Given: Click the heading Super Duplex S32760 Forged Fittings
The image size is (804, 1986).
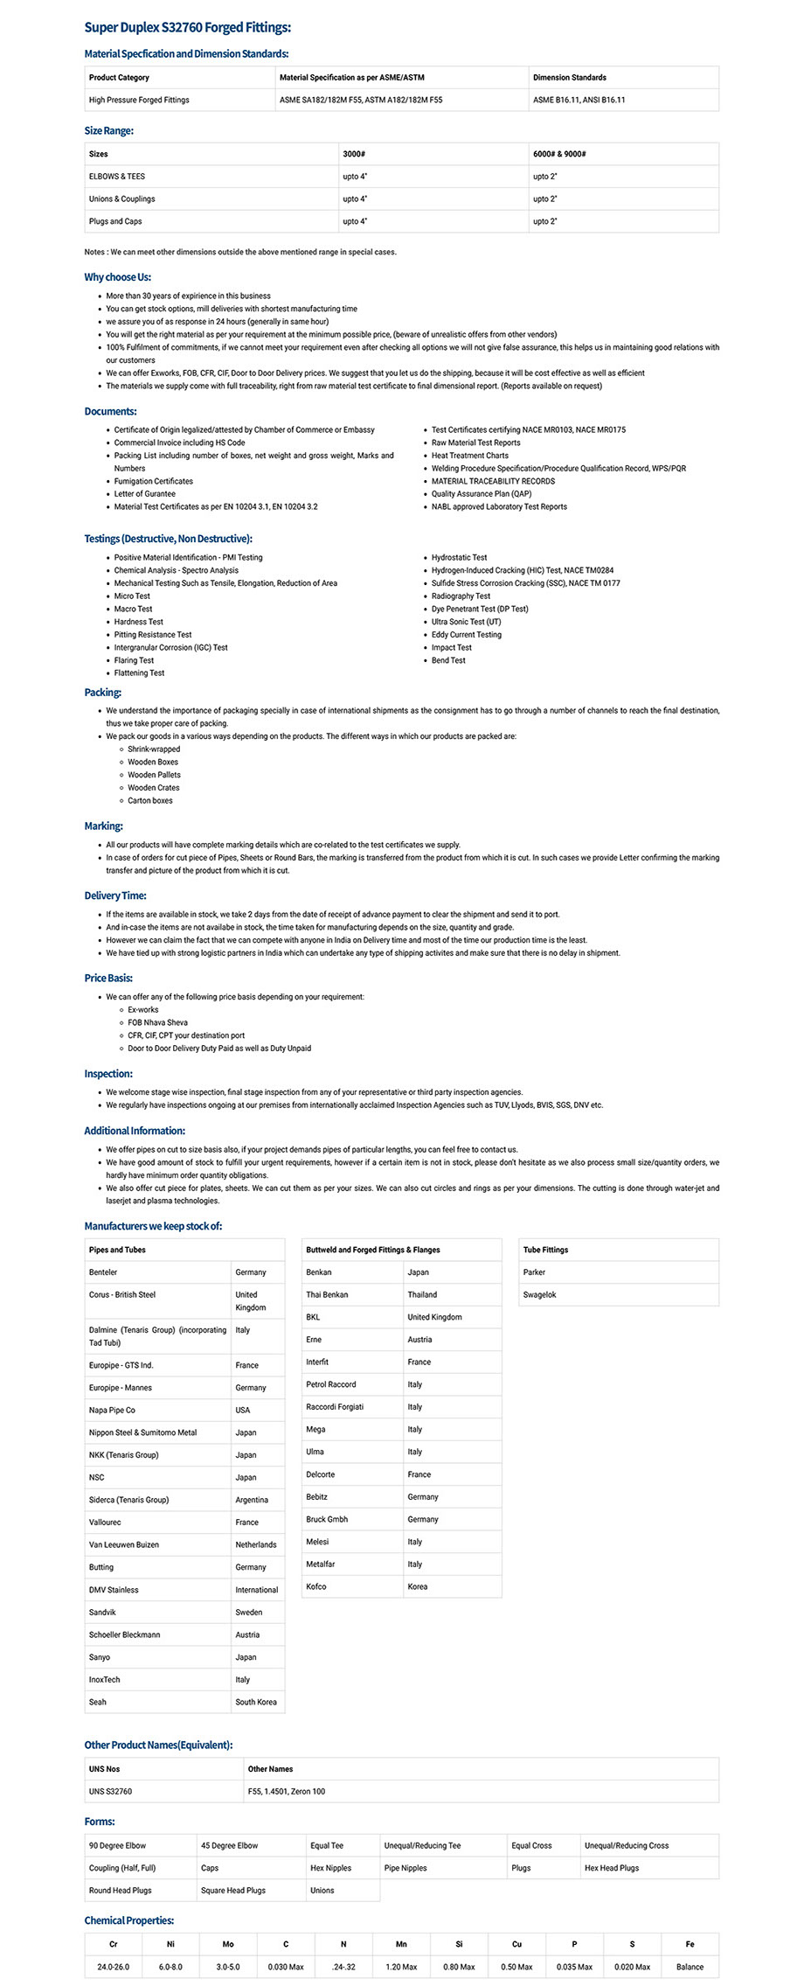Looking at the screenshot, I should [187, 28].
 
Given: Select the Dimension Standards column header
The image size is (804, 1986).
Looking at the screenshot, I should [569, 78].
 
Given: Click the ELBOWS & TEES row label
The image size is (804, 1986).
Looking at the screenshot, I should [117, 177].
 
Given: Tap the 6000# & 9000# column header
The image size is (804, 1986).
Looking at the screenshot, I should [559, 154].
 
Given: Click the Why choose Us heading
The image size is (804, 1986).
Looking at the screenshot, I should [117, 277].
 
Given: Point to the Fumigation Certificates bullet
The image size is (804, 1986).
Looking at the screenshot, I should [154, 481].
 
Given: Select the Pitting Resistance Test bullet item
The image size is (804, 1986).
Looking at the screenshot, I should [153, 635].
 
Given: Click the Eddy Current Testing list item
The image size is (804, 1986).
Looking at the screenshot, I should [466, 635].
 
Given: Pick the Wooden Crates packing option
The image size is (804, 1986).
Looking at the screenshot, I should [154, 788].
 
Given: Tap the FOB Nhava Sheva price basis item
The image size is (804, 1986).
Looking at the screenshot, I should [157, 1022].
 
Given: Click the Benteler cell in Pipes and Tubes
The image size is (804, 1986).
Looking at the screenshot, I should [103, 1272].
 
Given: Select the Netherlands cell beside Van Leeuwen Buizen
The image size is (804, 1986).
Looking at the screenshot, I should [255, 1545].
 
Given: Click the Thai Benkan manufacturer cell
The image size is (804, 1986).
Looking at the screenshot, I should [327, 1295].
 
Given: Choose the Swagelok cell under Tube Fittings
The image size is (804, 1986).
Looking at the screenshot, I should [539, 1295].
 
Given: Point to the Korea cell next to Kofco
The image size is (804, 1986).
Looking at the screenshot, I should [418, 1587].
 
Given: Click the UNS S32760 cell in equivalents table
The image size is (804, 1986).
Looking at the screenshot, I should [111, 1792].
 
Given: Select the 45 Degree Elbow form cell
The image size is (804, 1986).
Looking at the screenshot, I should [229, 1846].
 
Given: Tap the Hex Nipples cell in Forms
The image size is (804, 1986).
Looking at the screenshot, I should [330, 1868].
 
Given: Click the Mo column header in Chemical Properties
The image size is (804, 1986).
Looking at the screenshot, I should [228, 1944].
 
